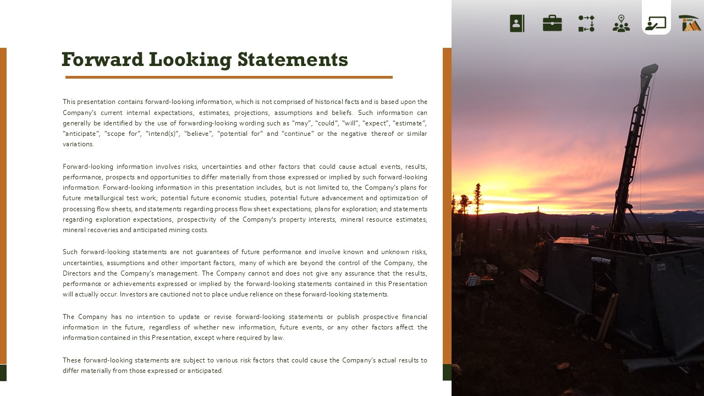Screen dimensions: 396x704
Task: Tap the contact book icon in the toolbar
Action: coord(517,23)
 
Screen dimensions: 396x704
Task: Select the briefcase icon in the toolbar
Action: coord(552,23)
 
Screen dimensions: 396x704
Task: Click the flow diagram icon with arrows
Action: coord(586,23)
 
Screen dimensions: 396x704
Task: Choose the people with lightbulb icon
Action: coord(621,23)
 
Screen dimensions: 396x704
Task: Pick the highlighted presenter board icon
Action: coord(656,23)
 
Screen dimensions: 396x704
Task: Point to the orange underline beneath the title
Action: coord(229,78)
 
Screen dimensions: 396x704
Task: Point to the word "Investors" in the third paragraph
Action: coord(134,294)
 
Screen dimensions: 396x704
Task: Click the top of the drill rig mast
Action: coord(649,69)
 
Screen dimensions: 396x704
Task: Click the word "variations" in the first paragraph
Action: coord(78,144)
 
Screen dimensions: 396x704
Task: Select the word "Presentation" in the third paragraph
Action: coord(408,284)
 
